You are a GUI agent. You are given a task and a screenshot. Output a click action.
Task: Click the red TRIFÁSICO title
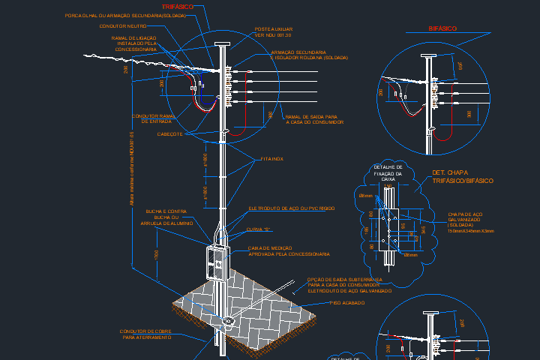178,6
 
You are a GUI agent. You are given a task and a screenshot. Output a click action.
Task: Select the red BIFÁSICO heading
442,28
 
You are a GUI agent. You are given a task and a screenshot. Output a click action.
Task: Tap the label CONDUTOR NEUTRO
122,25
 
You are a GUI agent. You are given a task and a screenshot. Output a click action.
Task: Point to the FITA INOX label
272,159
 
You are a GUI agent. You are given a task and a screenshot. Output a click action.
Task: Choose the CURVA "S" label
258,229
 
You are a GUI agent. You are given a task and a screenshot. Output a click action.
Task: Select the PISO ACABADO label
347,302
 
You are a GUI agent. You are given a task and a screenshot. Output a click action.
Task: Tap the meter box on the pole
215,261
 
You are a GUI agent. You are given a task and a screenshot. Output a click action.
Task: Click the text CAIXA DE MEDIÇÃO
271,248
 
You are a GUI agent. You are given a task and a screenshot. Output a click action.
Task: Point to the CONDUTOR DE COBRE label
145,331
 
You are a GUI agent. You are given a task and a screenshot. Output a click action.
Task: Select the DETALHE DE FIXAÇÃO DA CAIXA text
388,172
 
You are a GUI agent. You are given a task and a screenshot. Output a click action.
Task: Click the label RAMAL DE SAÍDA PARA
312,117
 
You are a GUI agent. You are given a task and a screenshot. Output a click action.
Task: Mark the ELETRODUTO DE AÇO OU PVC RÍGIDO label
292,208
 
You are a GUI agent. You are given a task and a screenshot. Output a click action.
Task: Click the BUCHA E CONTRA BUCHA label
169,217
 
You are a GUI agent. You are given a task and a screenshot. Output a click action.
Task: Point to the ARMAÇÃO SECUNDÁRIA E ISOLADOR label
309,55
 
